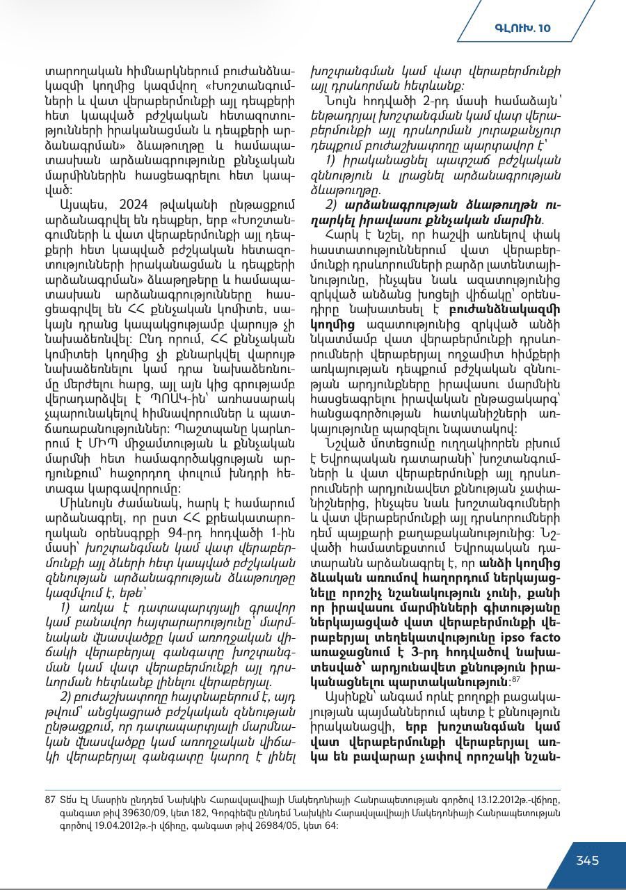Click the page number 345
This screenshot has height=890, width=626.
tap(587, 860)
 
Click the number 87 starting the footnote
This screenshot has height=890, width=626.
tap(49, 800)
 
